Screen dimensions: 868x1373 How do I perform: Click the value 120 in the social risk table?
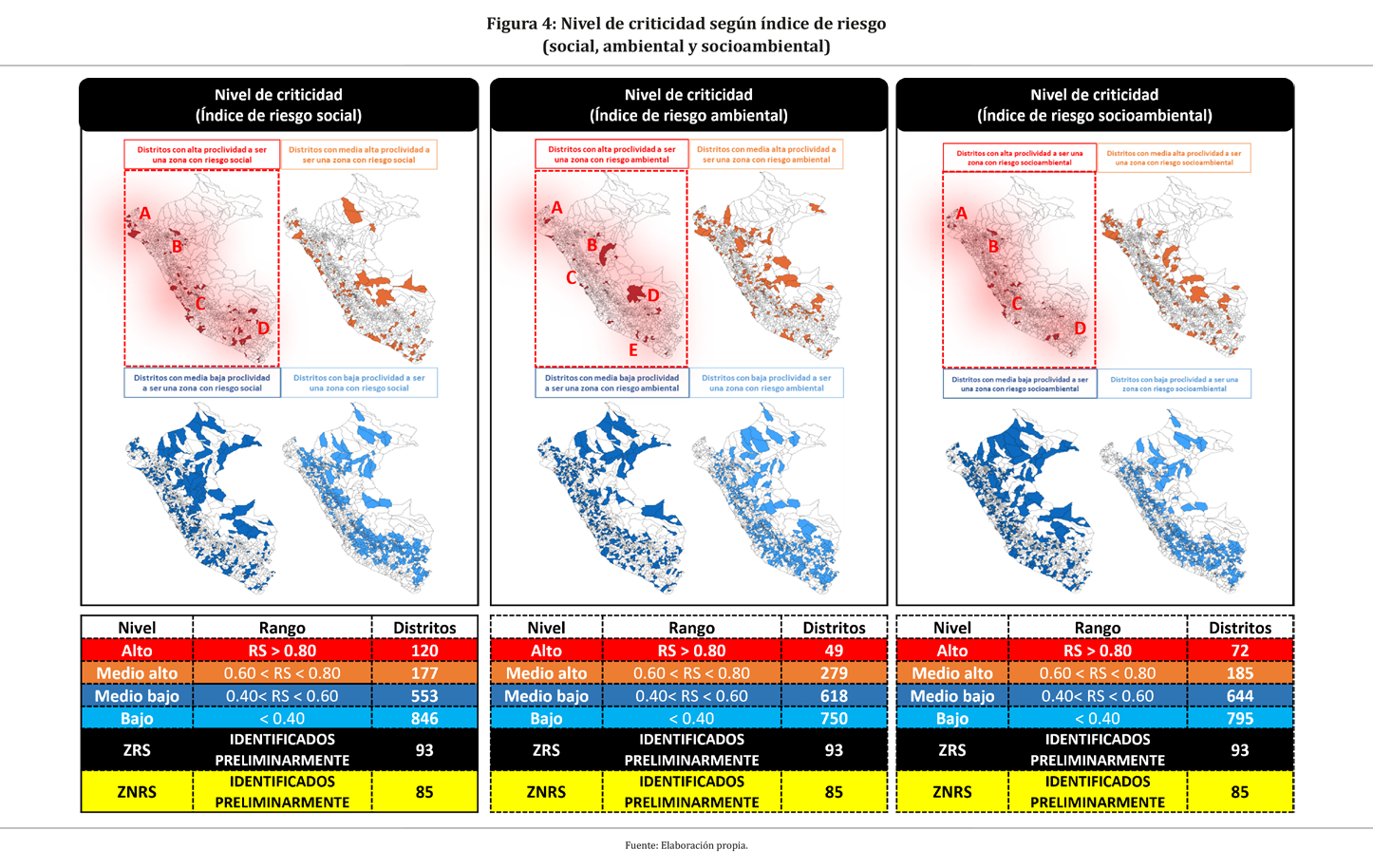tap(424, 651)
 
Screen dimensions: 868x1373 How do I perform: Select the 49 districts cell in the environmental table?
tap(834, 651)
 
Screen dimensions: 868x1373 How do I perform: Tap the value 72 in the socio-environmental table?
tap(1239, 651)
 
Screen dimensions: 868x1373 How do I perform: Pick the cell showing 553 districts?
tap(424, 696)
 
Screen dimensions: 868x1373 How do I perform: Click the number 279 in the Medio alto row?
tap(834, 673)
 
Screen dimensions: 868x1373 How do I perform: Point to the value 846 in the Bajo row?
tap(424, 719)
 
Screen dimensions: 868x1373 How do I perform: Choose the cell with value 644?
tap(1239, 696)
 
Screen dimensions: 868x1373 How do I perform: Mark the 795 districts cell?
tap(1239, 719)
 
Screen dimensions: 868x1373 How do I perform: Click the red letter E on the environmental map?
tap(633, 350)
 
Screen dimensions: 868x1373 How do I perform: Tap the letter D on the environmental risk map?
tap(653, 295)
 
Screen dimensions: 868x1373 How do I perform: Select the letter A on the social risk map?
tap(145, 214)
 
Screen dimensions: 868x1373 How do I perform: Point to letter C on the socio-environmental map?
tap(1016, 304)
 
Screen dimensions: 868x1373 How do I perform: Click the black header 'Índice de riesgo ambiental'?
tap(688, 105)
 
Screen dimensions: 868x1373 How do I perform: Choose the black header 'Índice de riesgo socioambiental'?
tap(1094, 105)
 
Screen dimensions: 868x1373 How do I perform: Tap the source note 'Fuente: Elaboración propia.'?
tap(686, 845)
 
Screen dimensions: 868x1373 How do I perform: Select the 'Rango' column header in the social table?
tap(282, 628)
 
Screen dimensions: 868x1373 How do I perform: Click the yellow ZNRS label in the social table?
tap(137, 792)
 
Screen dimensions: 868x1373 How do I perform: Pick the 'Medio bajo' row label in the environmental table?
tap(546, 696)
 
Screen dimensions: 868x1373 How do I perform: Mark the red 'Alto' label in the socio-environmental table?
tap(951, 651)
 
